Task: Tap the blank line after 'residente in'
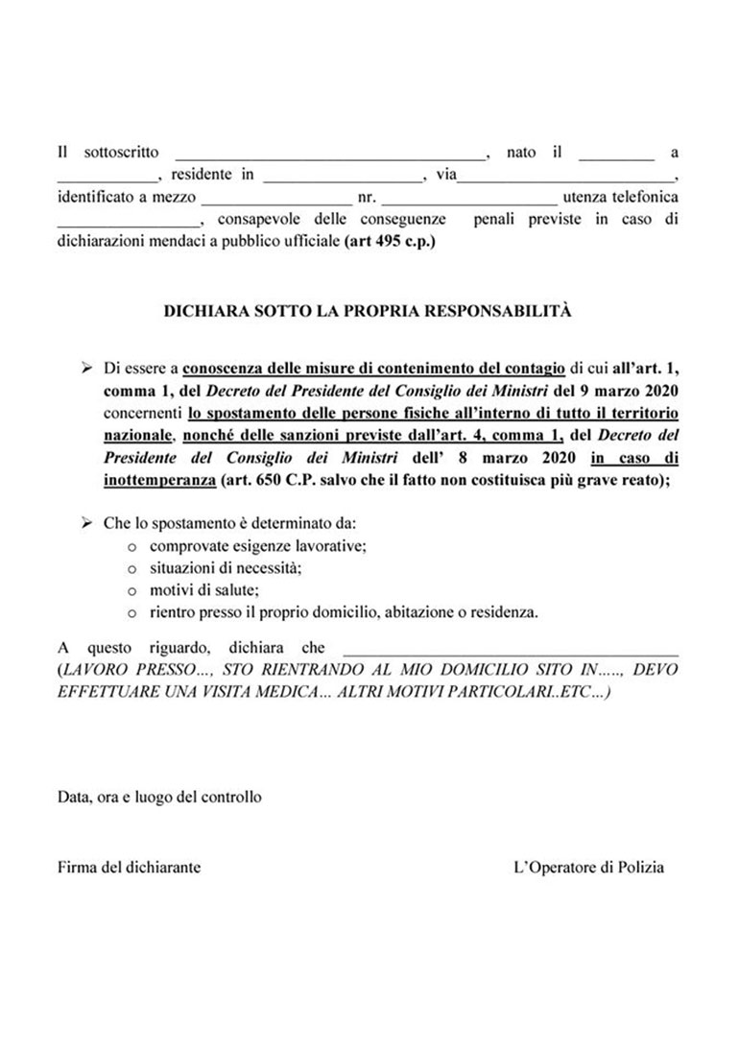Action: point(343,179)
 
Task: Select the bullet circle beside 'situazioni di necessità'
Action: point(131,568)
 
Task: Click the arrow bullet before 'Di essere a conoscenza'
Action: point(86,367)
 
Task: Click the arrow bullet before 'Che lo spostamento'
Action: point(86,523)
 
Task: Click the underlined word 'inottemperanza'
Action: point(160,480)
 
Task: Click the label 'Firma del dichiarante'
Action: point(130,867)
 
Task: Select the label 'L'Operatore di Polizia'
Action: point(589,867)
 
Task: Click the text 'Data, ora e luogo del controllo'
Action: point(159,797)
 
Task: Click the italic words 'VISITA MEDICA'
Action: point(247,691)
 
